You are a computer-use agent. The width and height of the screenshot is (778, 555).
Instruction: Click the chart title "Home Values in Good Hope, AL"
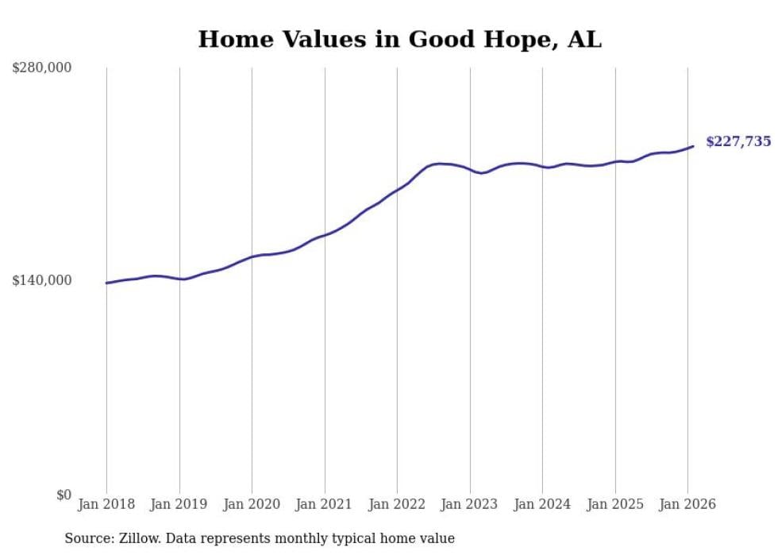(x=399, y=40)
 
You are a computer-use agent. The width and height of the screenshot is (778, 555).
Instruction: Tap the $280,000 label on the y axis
(x=41, y=67)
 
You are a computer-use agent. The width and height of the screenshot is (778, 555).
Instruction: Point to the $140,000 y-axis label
(x=41, y=280)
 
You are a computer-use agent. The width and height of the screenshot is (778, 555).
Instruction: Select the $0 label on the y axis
(x=64, y=495)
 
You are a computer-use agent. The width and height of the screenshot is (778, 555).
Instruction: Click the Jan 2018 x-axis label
(x=106, y=504)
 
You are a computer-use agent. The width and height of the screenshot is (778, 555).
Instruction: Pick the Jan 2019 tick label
(x=179, y=504)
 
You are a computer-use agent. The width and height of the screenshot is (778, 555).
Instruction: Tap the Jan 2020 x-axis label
(x=252, y=504)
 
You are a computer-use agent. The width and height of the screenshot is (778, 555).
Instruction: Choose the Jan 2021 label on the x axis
(x=324, y=504)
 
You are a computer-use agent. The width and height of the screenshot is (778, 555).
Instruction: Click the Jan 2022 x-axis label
(x=397, y=504)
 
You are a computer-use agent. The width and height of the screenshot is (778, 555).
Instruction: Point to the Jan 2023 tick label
(x=469, y=504)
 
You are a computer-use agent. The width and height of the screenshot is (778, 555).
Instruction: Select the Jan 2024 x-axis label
(x=542, y=504)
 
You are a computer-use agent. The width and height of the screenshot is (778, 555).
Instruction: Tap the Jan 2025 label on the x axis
(x=614, y=504)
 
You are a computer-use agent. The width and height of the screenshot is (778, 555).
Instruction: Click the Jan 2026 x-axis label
(x=687, y=504)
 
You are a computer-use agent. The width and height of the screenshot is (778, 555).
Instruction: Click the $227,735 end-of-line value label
(x=738, y=142)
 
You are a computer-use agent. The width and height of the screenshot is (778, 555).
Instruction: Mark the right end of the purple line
(x=693, y=146)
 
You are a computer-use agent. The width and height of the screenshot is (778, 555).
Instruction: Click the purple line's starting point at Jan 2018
(x=106, y=283)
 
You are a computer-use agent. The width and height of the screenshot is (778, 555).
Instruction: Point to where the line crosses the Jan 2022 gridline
(x=397, y=191)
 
